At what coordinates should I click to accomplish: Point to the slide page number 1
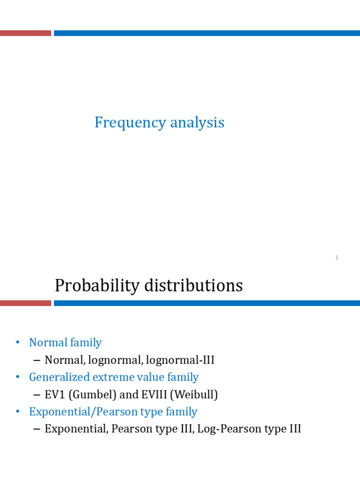(x=337, y=257)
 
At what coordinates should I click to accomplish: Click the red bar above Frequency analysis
(x=25, y=33)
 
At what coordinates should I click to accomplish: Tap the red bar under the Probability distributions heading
(x=25, y=303)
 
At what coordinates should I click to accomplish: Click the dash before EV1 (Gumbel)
(x=37, y=395)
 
